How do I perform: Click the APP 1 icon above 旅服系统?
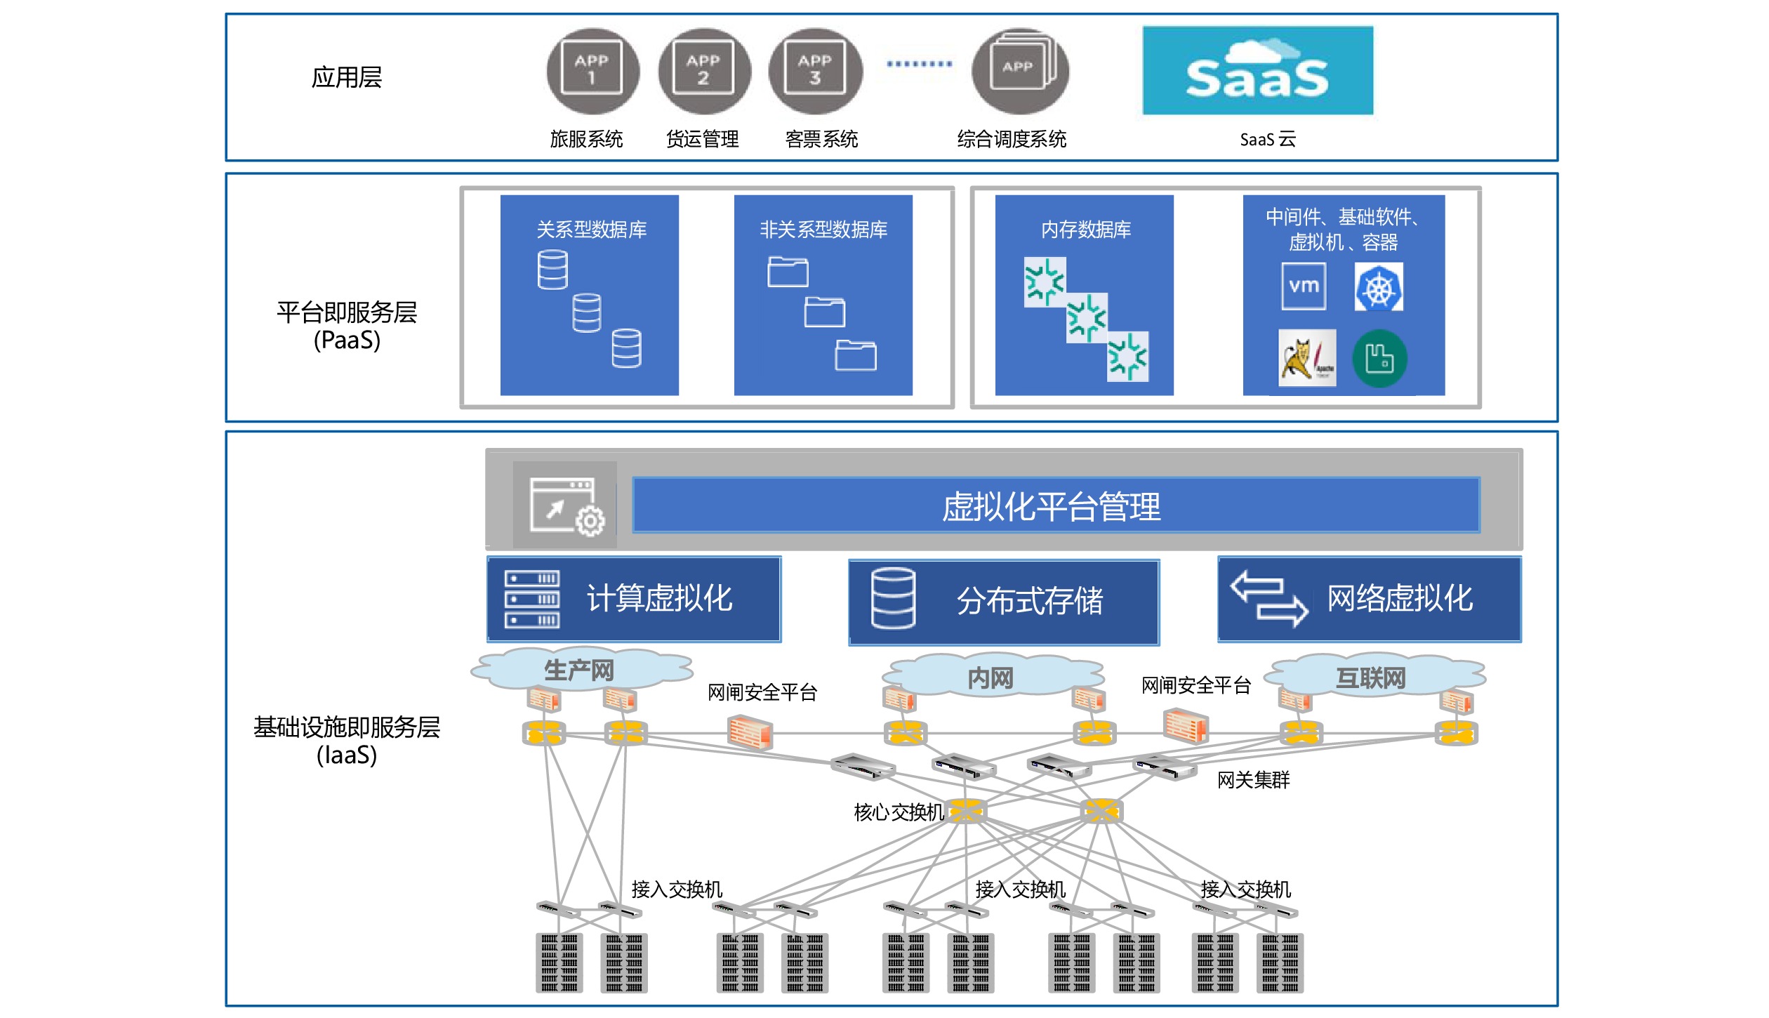pyautogui.click(x=592, y=70)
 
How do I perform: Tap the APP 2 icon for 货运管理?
pyautogui.click(x=704, y=70)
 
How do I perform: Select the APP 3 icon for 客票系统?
pyautogui.click(x=815, y=70)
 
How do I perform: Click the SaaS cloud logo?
pyautogui.click(x=1257, y=70)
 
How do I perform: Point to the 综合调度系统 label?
pyautogui.click(x=1012, y=139)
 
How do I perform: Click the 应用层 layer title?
pyautogui.click(x=347, y=77)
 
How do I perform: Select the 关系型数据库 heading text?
pyautogui.click(x=591, y=230)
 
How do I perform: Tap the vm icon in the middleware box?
pyautogui.click(x=1304, y=286)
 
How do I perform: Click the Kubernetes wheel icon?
pyautogui.click(x=1379, y=287)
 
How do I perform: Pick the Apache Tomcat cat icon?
pyautogui.click(x=1306, y=358)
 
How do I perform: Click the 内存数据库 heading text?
pyautogui.click(x=1085, y=230)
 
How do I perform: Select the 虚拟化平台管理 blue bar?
pyautogui.click(x=1056, y=505)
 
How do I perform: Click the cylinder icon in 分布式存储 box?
pyautogui.click(x=893, y=598)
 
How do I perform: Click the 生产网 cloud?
pyautogui.click(x=580, y=670)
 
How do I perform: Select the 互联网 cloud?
pyautogui.click(x=1371, y=677)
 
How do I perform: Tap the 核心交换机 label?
pyautogui.click(x=899, y=812)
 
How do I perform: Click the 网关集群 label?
pyautogui.click(x=1253, y=780)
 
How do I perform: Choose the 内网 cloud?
pyautogui.click(x=990, y=677)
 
